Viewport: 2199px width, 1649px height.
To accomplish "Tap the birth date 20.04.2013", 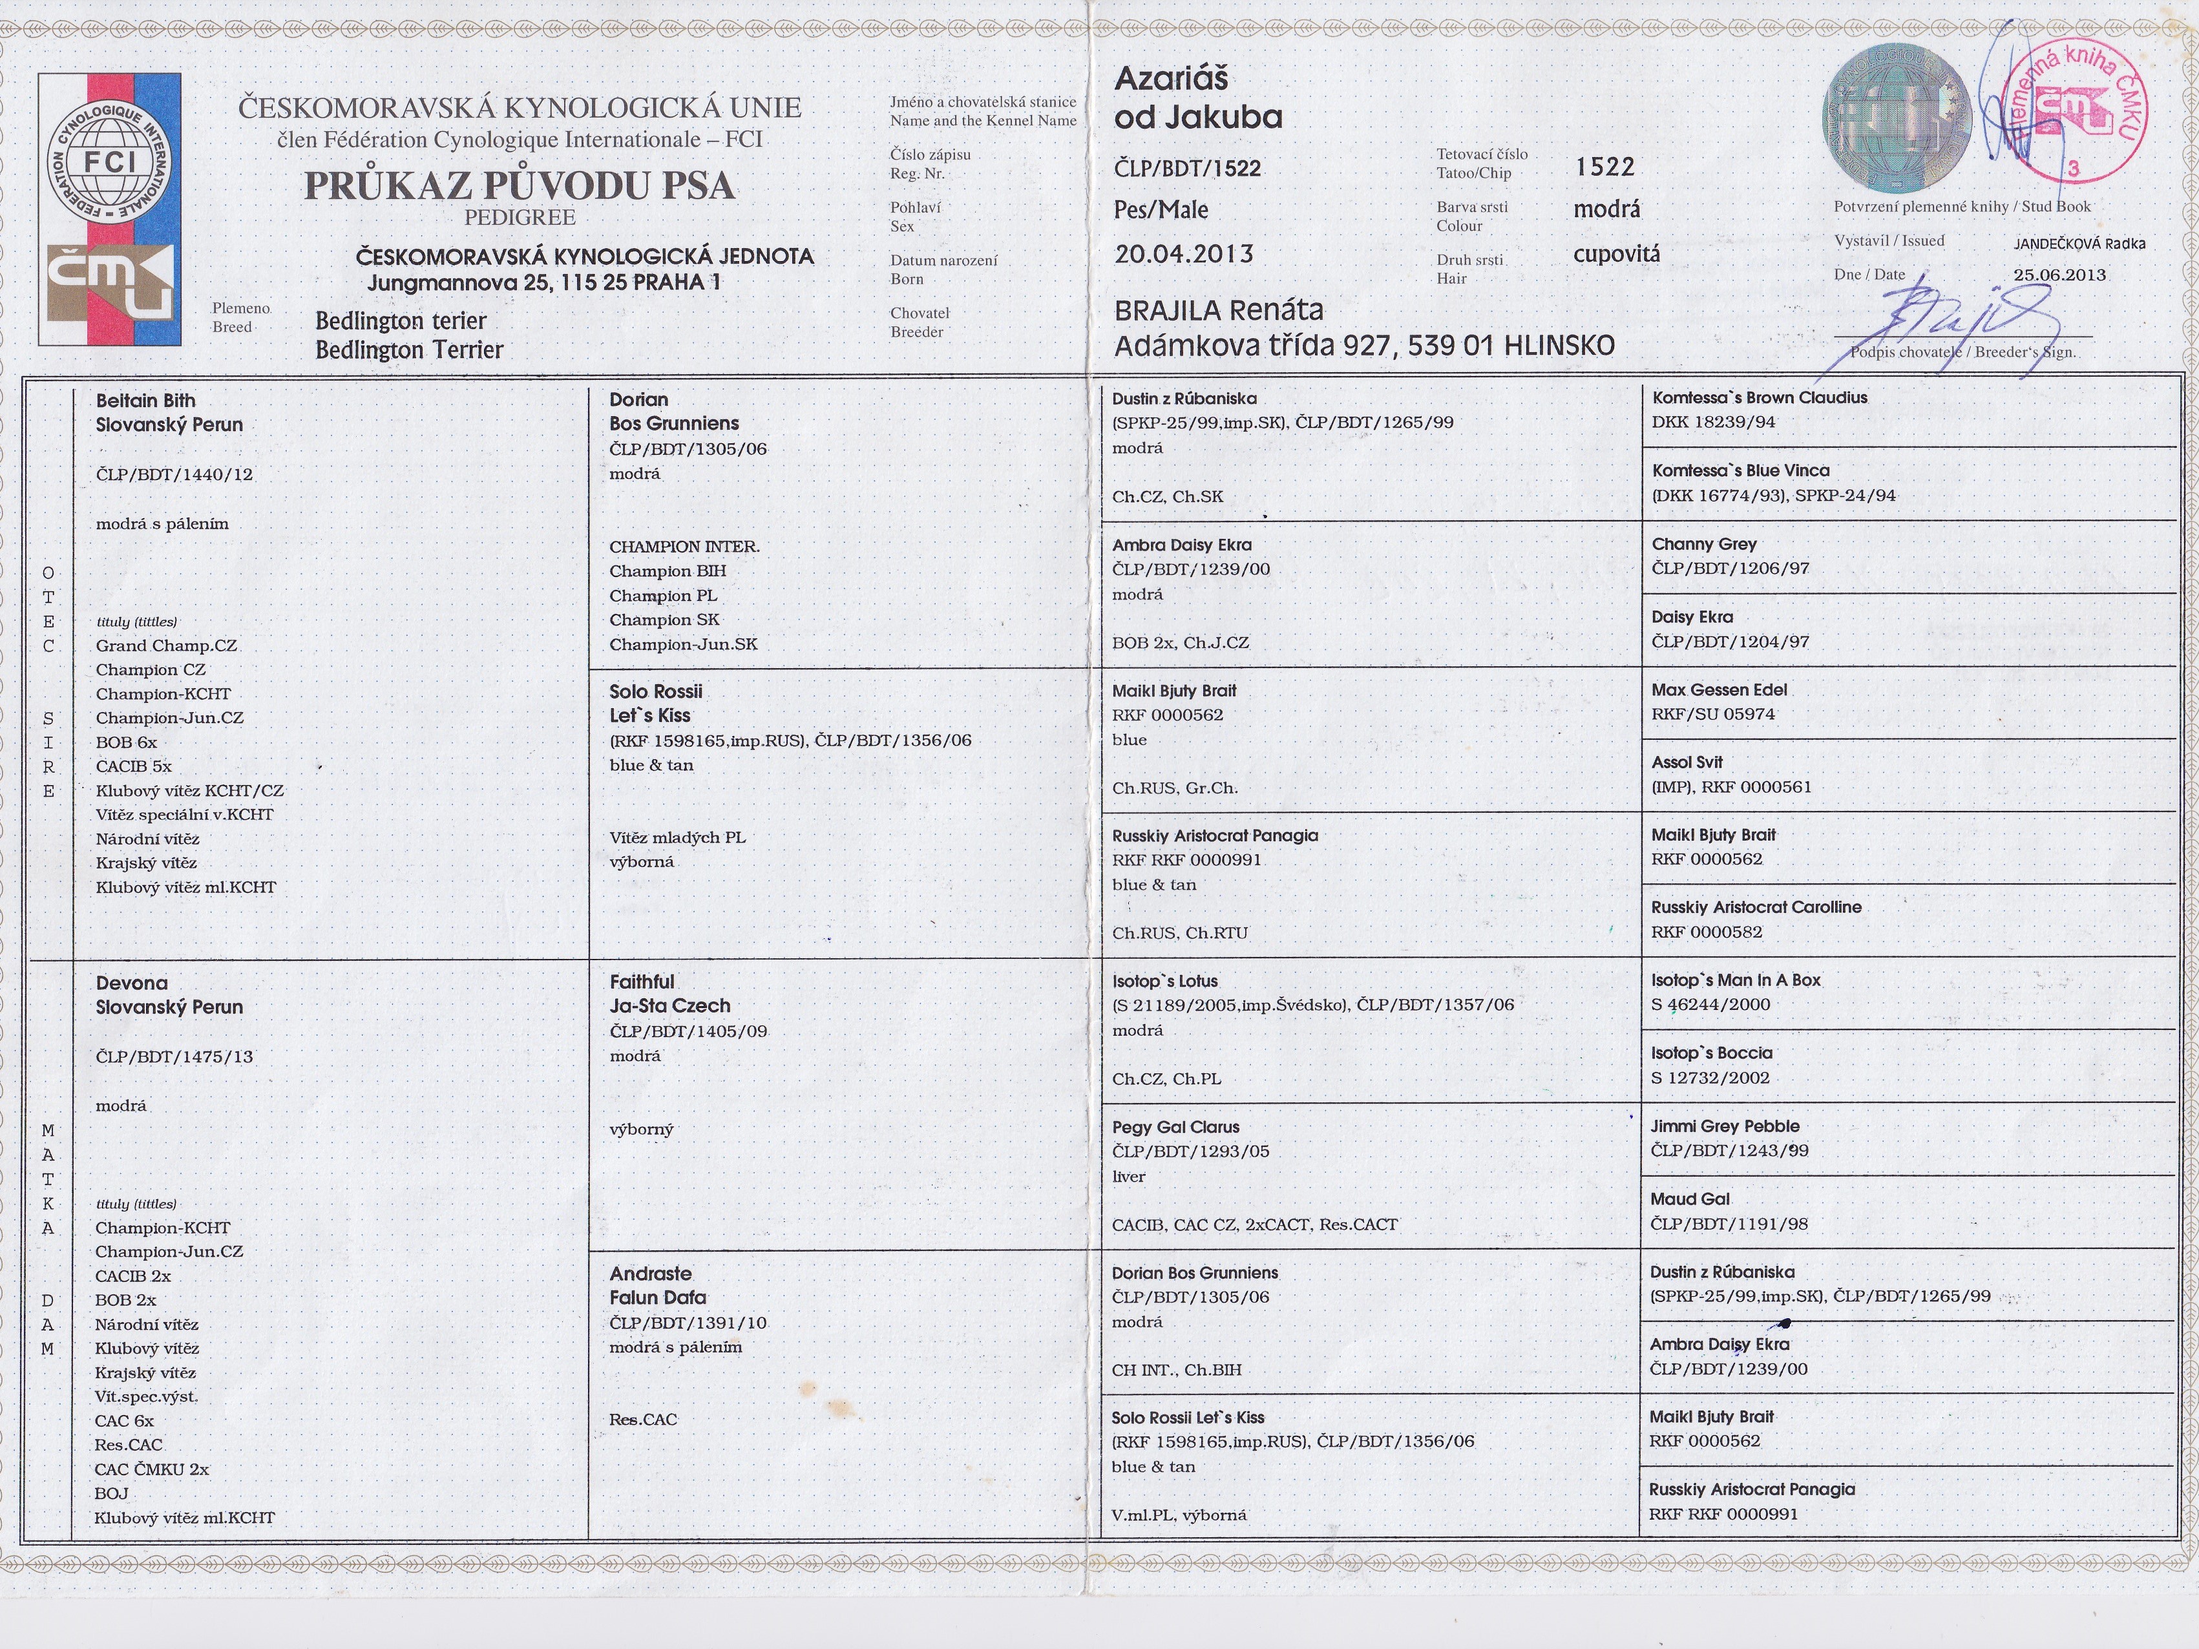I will coord(1183,253).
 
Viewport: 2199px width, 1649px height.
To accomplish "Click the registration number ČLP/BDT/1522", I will coord(1187,168).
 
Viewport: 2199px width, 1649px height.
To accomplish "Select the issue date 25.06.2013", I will coord(2059,275).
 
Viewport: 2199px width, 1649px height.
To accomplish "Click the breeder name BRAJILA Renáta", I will coord(1219,310).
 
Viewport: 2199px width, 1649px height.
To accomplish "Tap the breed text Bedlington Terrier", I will coord(408,350).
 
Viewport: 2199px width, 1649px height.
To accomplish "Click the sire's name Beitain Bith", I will coord(145,401).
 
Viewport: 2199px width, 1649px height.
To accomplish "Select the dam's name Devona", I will coord(131,983).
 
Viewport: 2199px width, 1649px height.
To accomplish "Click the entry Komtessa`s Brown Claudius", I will coord(1758,397).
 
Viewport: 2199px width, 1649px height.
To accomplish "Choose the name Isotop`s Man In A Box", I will coord(1735,980).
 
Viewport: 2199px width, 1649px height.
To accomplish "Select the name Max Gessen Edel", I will coord(1719,690).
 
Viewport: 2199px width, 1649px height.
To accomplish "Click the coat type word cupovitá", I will coord(1615,255).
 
